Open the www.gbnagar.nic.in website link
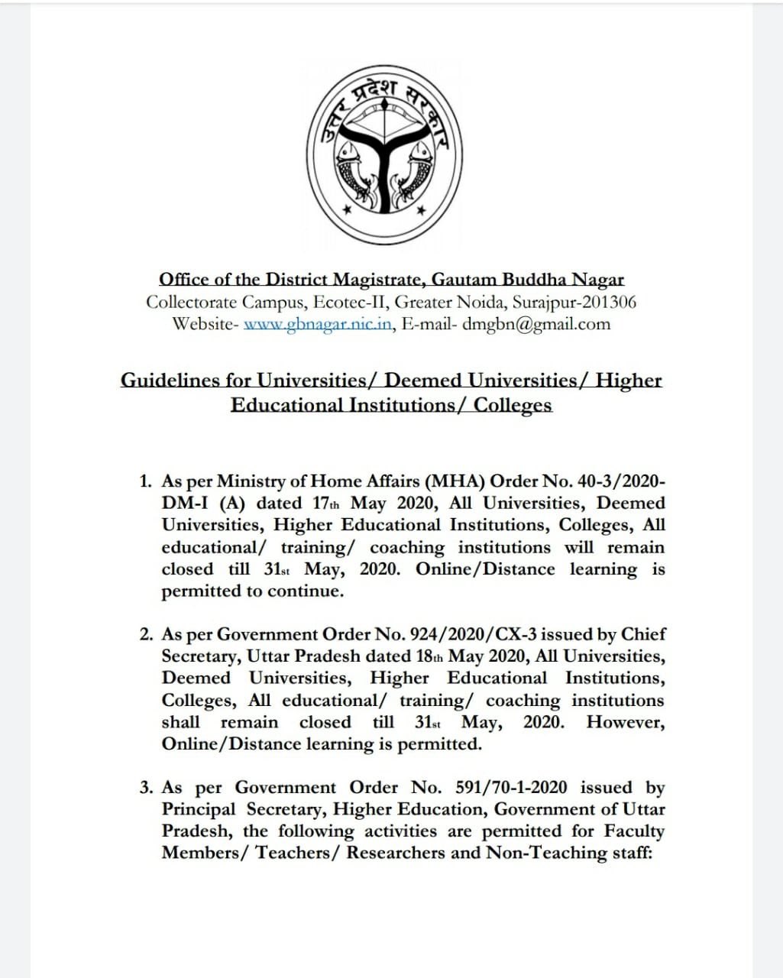[318, 324]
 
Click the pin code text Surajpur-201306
[574, 302]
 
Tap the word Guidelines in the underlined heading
[172, 380]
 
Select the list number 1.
[145, 481]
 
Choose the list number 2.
[145, 635]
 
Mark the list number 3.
[145, 788]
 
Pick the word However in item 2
[625, 723]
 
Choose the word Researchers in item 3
[395, 853]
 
